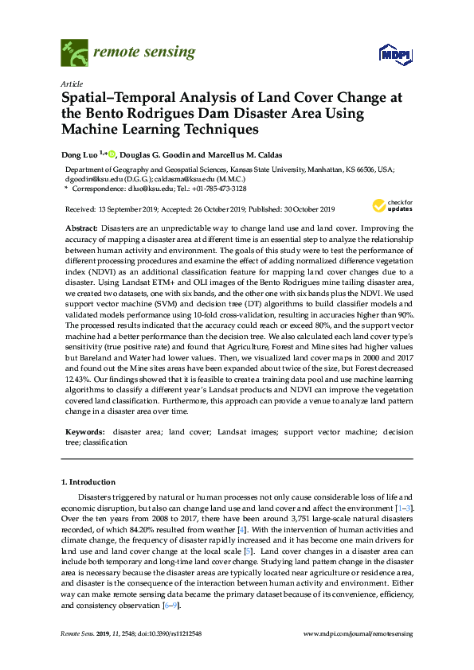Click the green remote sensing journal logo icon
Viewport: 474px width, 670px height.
[x=75, y=54]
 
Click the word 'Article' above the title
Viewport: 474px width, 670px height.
[x=71, y=83]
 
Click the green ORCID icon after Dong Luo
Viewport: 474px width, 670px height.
[x=112, y=154]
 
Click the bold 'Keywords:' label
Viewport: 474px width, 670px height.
[x=84, y=432]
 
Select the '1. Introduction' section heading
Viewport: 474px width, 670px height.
[x=88, y=482]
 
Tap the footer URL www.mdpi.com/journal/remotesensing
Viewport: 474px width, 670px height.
[x=358, y=634]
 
